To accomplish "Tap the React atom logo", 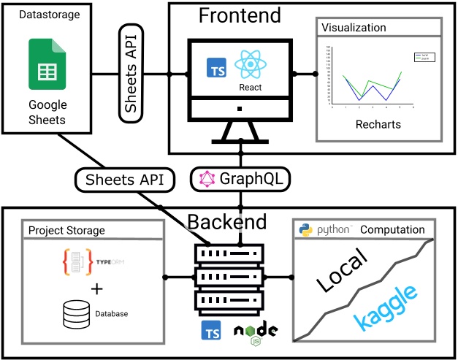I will pyautogui.click(x=250, y=65).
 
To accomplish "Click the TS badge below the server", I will pyautogui.click(x=212, y=331).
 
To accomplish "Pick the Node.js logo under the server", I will pyautogui.click(x=255, y=331).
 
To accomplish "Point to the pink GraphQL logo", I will pyautogui.click(x=207, y=179).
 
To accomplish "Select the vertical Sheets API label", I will pyautogui.click(x=131, y=73).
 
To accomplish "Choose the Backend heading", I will pyautogui.click(x=226, y=221).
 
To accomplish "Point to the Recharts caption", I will pyautogui.click(x=378, y=124).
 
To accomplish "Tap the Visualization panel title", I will pyautogui.click(x=354, y=28).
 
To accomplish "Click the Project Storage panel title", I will pyautogui.click(x=66, y=231).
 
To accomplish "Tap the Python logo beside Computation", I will pyautogui.click(x=305, y=230).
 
